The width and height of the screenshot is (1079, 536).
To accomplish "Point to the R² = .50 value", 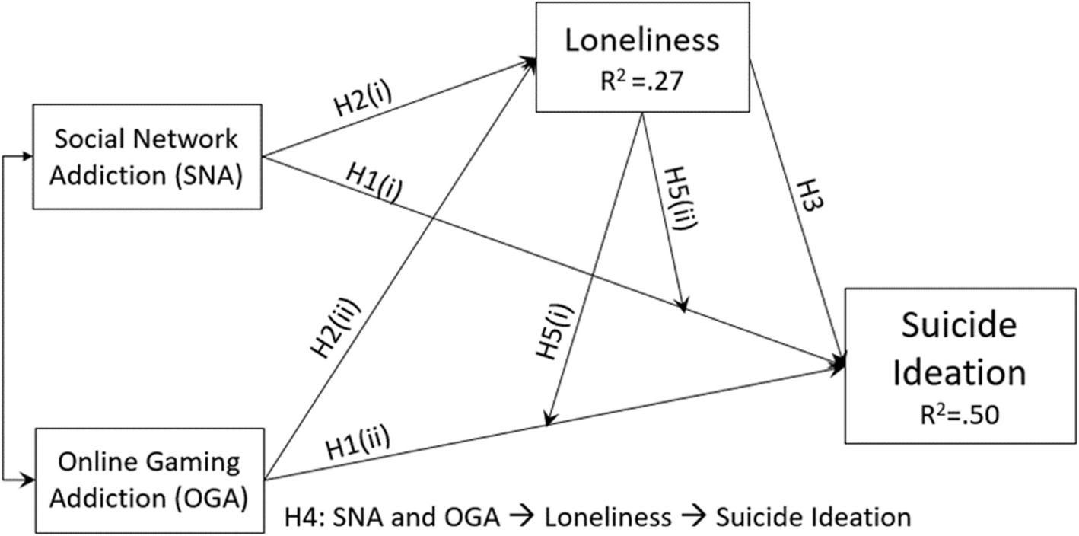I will (956, 416).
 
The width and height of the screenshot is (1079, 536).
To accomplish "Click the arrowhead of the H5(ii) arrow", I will (684, 307).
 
